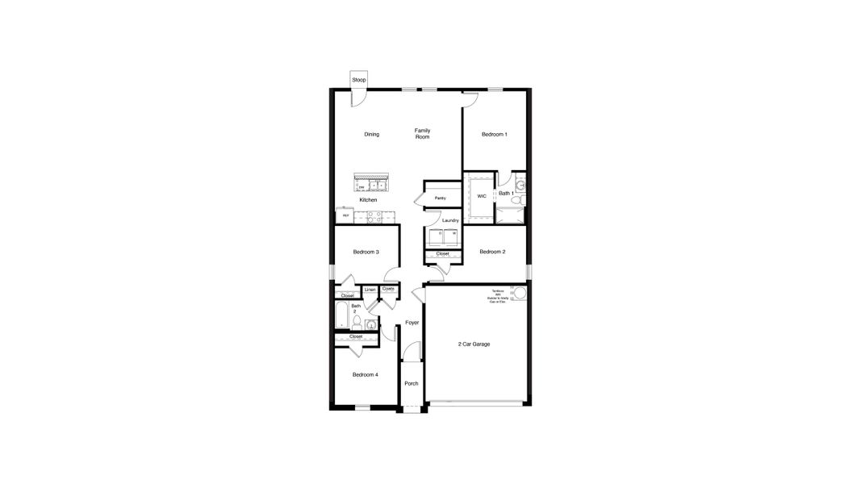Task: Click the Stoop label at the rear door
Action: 359,80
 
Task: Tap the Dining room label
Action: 371,134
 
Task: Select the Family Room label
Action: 423,133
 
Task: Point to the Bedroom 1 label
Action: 495,134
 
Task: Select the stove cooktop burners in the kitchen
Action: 374,216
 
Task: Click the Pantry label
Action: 440,198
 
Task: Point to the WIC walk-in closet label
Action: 482,196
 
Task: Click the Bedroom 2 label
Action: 492,252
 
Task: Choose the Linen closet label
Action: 370,289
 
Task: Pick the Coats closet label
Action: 389,288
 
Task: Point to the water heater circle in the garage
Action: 520,293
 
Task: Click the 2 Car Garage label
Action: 474,344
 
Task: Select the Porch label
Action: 411,383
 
